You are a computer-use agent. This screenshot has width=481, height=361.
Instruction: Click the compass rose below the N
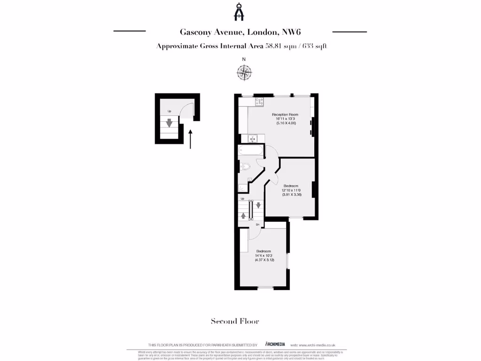point(244,72)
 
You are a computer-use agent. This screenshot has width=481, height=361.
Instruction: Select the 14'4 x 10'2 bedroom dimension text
point(264,256)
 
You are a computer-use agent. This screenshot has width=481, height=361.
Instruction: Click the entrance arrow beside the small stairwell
point(190,139)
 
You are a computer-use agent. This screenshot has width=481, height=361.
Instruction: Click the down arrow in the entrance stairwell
point(170,123)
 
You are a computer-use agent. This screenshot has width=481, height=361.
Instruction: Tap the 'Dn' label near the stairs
point(257,225)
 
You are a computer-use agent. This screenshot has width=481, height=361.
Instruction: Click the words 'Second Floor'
point(234,322)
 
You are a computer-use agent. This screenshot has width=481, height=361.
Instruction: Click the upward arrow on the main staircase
point(243,216)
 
